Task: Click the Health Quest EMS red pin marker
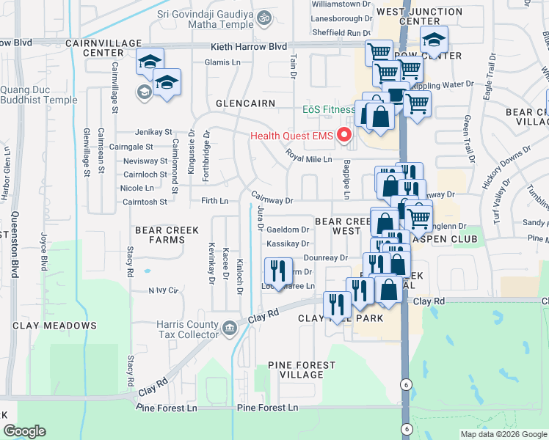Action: (x=344, y=136)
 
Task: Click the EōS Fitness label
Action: (x=329, y=110)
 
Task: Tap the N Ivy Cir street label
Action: (x=164, y=290)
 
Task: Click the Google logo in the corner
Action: (x=24, y=431)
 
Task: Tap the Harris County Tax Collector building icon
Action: (x=229, y=326)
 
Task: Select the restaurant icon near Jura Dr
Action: (x=278, y=270)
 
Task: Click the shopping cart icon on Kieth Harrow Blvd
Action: (x=379, y=52)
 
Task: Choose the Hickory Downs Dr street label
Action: (x=506, y=164)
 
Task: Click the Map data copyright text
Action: (x=503, y=434)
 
